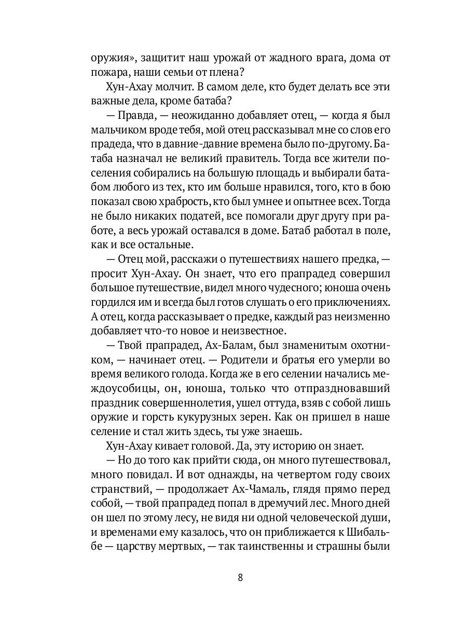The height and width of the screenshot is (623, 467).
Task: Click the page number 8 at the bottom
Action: click(x=240, y=578)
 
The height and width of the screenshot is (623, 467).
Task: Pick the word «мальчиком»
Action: click(x=114, y=129)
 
